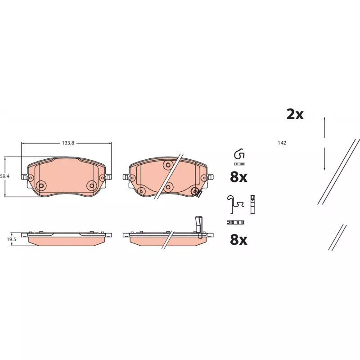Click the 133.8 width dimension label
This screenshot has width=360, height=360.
pos(68,143)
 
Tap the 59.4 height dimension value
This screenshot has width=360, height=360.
pos(4,176)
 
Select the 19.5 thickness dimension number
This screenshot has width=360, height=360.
pos(11,239)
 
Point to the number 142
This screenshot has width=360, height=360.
pos(282,143)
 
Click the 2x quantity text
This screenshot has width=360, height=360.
pos(295,114)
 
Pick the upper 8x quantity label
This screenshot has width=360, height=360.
pos(238,177)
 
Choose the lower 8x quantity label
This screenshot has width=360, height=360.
pos(238,239)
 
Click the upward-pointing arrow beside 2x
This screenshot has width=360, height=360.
pos(324,127)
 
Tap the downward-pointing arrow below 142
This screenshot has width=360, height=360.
pos(324,159)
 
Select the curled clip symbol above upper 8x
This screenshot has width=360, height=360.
pos(239,154)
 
